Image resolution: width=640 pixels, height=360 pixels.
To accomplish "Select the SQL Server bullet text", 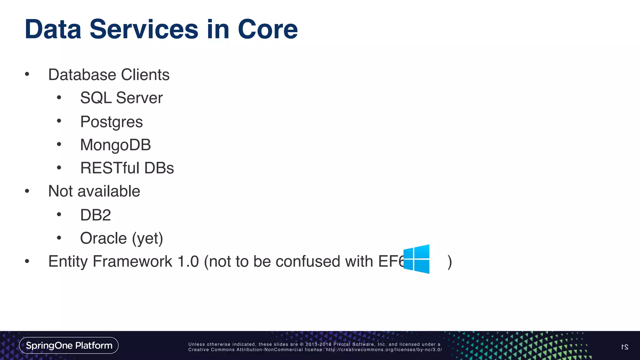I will point(121,98).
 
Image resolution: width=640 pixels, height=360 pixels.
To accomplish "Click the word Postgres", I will point(111,122).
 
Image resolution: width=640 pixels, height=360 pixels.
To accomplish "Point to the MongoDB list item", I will point(115,145).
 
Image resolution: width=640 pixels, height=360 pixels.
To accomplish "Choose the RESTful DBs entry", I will point(127,168).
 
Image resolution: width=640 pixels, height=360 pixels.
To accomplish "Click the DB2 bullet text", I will point(95,215).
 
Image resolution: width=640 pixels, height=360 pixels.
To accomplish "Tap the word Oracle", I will point(103,238).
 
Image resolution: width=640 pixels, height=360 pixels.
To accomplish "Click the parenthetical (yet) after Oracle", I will point(147,239).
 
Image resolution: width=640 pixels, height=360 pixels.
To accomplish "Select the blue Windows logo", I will point(416,259).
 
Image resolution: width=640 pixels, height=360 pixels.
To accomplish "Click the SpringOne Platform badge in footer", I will point(69,345).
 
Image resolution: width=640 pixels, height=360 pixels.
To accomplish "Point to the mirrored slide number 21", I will point(624,347).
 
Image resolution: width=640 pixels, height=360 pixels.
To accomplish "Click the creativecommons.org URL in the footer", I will point(384,350).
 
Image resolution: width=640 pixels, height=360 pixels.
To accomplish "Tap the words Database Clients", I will point(109,75).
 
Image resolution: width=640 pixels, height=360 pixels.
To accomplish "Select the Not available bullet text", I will point(94,191).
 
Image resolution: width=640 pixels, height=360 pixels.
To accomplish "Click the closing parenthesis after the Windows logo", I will point(449,262).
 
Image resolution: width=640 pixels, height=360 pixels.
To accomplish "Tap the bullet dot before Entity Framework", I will point(27,261).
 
